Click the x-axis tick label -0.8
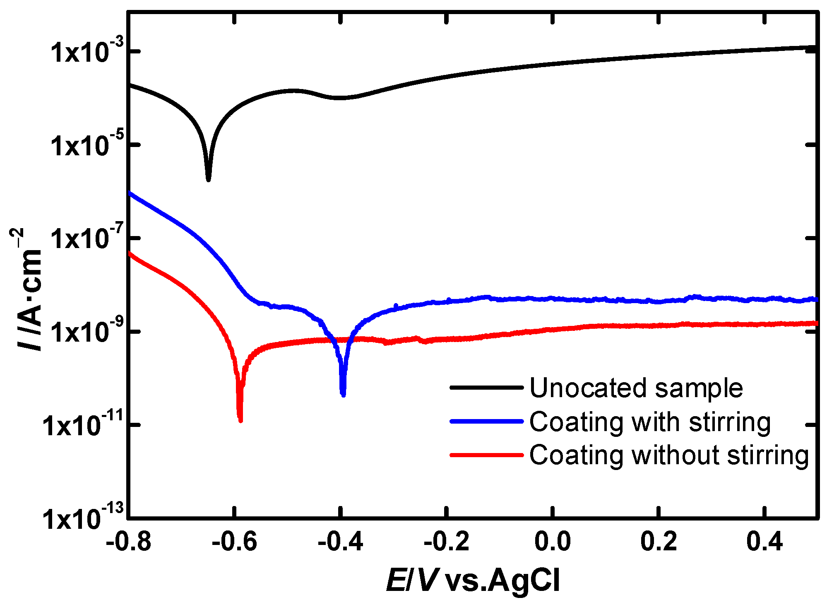point(128,541)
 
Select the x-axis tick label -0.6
point(234,541)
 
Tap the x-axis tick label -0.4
point(340,541)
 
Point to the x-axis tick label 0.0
point(552,541)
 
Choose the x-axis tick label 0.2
point(658,541)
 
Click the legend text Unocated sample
point(636,388)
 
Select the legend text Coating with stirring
point(650,422)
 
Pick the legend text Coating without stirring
point(669,455)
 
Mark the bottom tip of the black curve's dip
point(209,180)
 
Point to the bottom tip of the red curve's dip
point(240,421)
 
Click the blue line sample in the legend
point(487,421)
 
